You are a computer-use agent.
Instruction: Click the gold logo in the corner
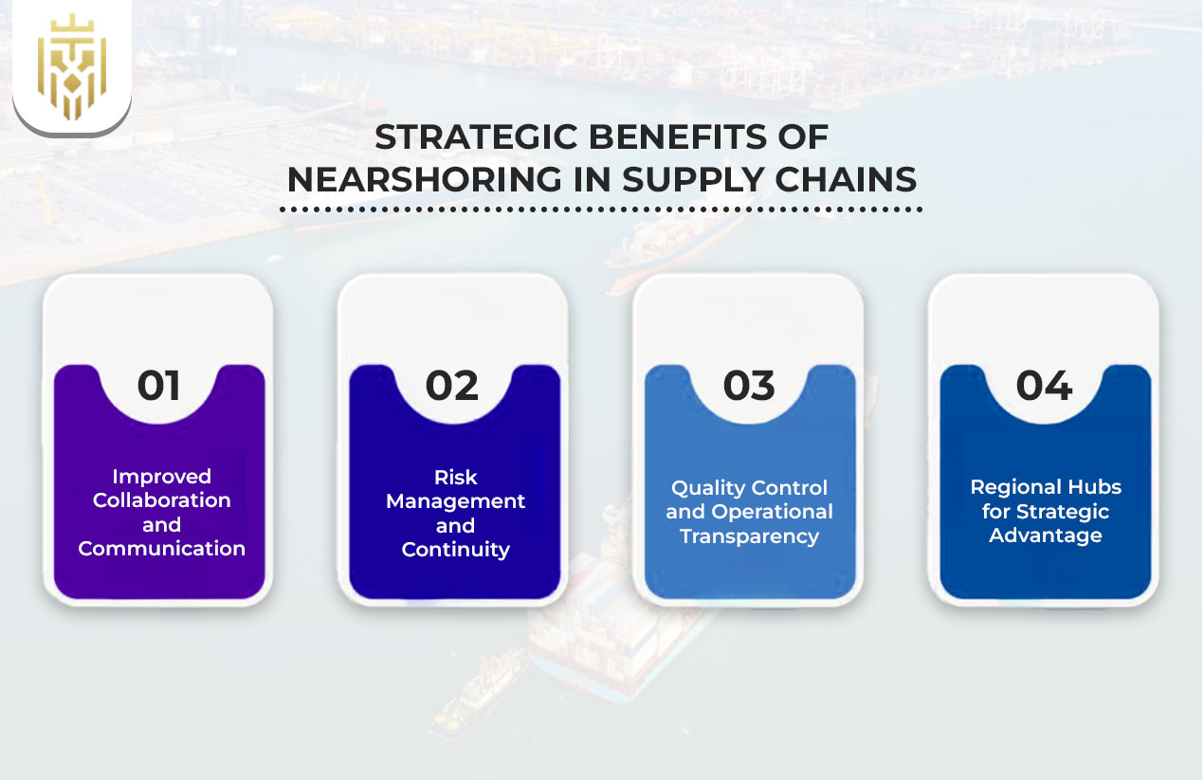click(71, 67)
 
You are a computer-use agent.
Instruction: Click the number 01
click(158, 386)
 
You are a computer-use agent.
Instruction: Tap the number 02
click(452, 386)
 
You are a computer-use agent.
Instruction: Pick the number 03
click(749, 386)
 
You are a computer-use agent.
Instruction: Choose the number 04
click(1044, 386)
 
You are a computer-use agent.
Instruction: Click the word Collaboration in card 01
click(162, 500)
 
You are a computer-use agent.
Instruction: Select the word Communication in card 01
click(162, 549)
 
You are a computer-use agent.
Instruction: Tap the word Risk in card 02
click(456, 477)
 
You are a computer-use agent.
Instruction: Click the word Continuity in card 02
click(456, 550)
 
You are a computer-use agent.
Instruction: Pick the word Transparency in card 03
click(749, 536)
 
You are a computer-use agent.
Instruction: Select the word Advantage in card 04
click(1046, 535)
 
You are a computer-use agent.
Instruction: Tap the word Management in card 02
click(456, 500)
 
